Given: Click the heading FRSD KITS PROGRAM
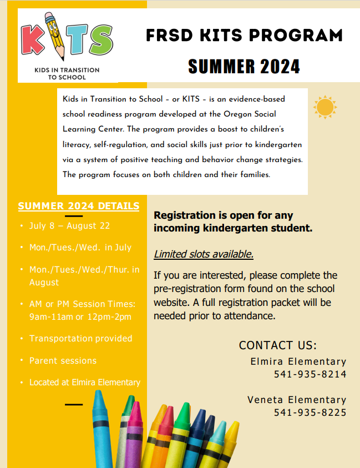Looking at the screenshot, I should point(244,36).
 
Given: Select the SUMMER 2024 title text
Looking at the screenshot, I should point(244,67).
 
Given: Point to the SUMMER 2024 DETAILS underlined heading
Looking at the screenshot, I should point(79,206).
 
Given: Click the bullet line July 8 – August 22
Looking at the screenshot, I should point(69,226).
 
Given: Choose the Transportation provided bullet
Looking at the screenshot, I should point(80,338).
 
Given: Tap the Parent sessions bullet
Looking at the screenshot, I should point(63,360).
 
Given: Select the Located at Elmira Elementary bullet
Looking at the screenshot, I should point(84,383).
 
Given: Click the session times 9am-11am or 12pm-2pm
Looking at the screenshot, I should point(80,316).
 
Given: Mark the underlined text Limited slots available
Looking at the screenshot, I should point(204,254).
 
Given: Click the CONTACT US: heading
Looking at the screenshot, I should point(277,345).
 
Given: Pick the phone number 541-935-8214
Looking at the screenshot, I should point(310,374).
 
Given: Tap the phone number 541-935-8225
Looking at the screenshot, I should point(310,412).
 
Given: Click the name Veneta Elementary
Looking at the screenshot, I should point(297,400).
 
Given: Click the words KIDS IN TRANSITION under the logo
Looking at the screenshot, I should point(67,70).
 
